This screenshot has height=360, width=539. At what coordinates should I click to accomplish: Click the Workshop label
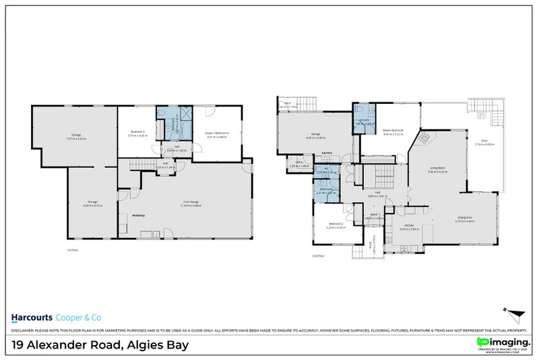tap(139, 215)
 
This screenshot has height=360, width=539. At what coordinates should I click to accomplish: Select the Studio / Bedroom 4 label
tap(217, 133)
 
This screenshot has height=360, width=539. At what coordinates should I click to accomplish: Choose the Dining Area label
tap(465, 217)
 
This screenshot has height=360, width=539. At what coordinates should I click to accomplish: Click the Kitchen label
tap(409, 226)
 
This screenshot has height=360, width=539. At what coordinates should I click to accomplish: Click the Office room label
tap(298, 162)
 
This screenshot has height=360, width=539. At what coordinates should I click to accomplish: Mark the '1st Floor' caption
tap(61, 249)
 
